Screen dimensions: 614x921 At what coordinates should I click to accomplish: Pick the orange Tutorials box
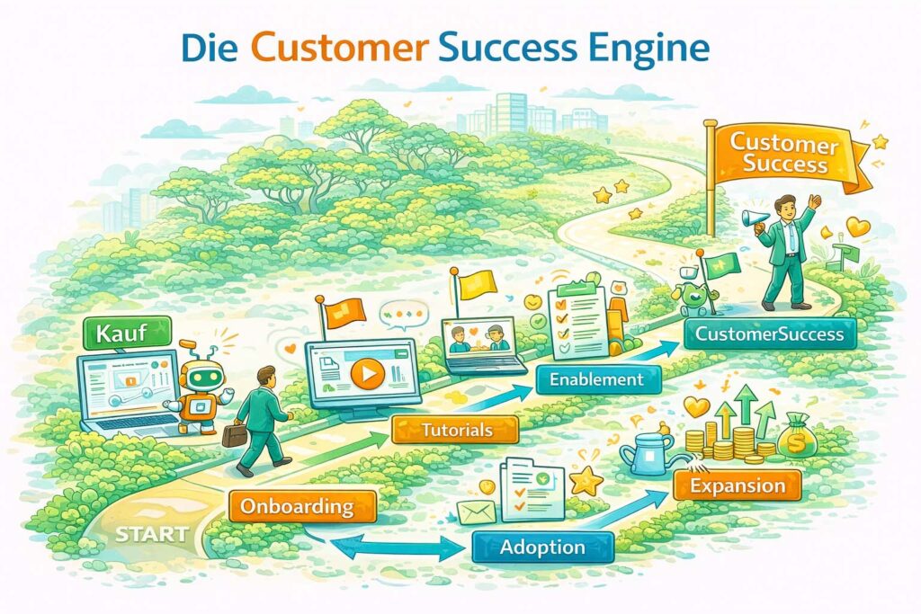pos(456,430)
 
